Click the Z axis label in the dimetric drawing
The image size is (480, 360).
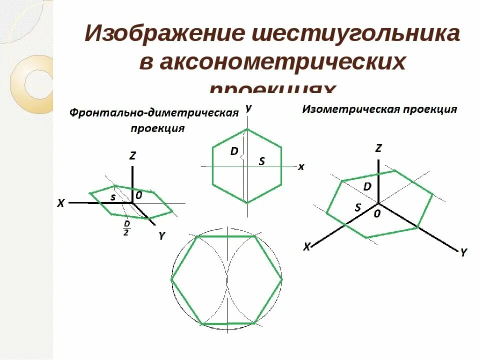(x=132, y=155)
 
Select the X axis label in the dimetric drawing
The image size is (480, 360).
(x=61, y=203)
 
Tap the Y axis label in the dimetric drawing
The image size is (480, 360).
(x=161, y=237)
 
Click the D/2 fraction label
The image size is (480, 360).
(x=126, y=227)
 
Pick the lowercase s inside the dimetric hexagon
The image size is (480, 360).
(x=113, y=197)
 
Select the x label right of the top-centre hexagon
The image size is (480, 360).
(x=301, y=167)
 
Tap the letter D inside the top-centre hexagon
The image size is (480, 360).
(x=234, y=151)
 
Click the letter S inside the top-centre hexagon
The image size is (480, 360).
(x=261, y=160)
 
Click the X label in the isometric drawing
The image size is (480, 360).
(x=307, y=246)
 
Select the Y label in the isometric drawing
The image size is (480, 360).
(x=463, y=253)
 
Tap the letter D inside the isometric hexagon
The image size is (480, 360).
(x=367, y=186)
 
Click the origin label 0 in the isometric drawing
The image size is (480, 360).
(x=377, y=213)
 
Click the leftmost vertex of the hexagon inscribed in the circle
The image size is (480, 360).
(x=172, y=279)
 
